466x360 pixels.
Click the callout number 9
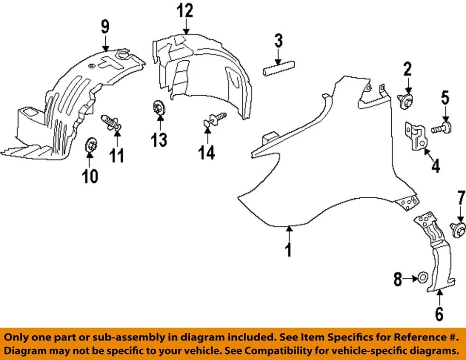105,26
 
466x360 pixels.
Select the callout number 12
184,10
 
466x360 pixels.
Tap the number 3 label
278,40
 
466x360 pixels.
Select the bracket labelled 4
416,137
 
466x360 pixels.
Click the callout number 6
439,314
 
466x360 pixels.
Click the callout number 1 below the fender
289,250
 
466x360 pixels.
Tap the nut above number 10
90,145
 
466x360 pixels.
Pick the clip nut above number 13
158,107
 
